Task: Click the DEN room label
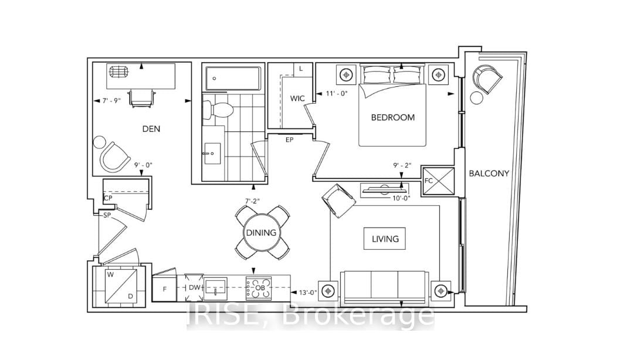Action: click(x=151, y=129)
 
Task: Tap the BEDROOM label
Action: click(x=392, y=117)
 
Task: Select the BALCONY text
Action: click(x=489, y=174)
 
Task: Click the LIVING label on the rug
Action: click(x=385, y=239)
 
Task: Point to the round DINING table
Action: click(x=261, y=233)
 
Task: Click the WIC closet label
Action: click(x=297, y=98)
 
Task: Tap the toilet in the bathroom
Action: click(x=216, y=108)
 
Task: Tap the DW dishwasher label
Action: click(x=194, y=288)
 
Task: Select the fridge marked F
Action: click(x=164, y=288)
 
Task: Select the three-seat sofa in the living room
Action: click(x=384, y=286)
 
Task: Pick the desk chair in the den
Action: click(x=141, y=97)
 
